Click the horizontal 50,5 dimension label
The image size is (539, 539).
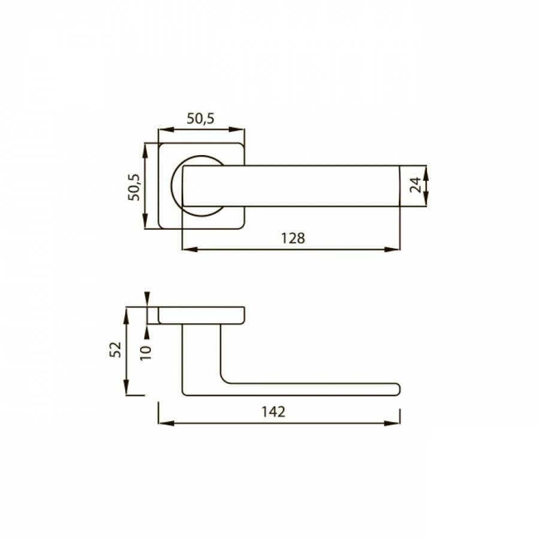(201, 118)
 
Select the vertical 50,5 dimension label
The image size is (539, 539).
(134, 187)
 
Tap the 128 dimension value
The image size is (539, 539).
(293, 238)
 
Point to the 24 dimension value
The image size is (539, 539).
(416, 185)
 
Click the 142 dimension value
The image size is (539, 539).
(273, 411)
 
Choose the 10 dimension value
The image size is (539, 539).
(146, 353)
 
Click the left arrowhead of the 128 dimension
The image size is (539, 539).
(190, 249)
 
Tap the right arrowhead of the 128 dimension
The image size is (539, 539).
(392, 249)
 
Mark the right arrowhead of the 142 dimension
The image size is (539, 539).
(392, 423)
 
